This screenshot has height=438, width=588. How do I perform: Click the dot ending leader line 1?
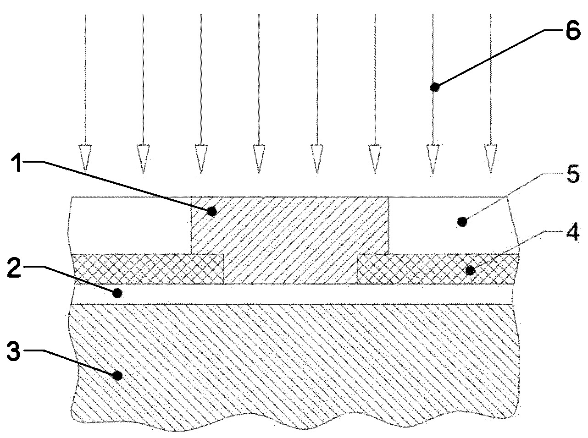tap(211, 212)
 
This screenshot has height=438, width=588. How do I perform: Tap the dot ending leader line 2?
tap(118, 292)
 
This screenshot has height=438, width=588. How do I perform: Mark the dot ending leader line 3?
tap(118, 376)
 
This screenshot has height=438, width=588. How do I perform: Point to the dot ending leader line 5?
tap(462, 222)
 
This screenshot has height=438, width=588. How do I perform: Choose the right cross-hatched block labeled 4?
tap(438, 269)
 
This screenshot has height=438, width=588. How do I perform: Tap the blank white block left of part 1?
tap(131, 224)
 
